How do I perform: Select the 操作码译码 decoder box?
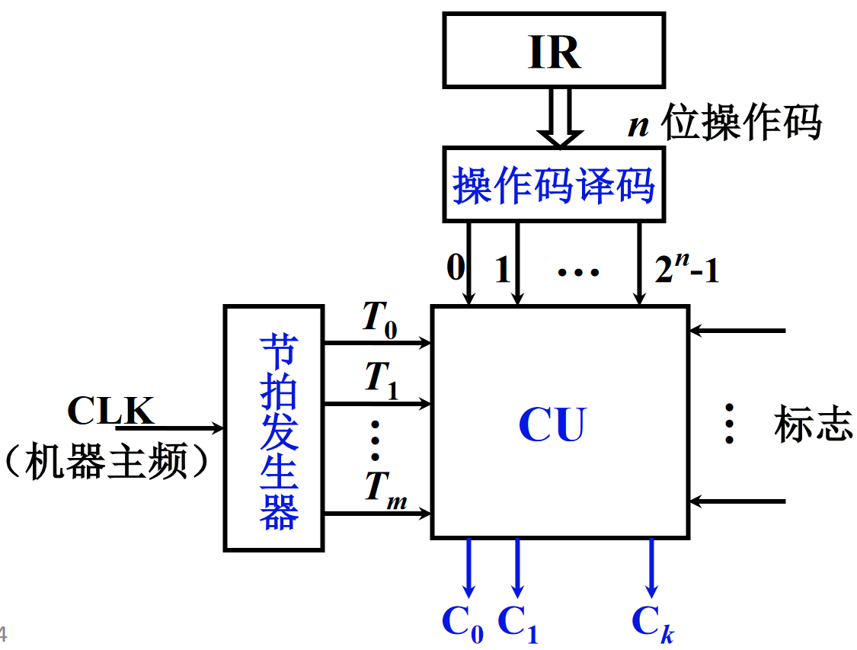[554, 185]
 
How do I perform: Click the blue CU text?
[552, 425]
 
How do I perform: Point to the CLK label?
[110, 411]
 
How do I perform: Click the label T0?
[379, 319]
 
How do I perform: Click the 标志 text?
[813, 425]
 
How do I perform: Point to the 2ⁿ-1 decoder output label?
[686, 271]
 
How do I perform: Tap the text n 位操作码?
[724, 124]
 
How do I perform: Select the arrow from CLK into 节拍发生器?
[180, 428]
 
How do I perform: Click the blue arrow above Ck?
[651, 568]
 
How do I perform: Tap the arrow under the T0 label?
[378, 343]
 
